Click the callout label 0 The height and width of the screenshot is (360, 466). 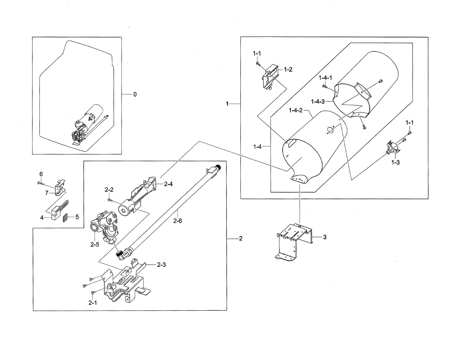(x=135, y=94)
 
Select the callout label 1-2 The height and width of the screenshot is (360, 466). (x=288, y=70)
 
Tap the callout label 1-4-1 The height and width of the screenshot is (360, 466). (x=325, y=77)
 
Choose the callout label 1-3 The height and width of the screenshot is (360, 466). (x=395, y=163)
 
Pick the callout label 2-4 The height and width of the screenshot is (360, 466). (x=168, y=184)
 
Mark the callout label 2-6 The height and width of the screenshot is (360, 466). (x=178, y=221)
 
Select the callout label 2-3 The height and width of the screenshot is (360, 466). (x=162, y=265)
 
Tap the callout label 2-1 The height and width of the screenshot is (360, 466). (x=92, y=303)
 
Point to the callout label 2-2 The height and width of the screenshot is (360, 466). (x=109, y=190)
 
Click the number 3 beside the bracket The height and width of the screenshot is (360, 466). (x=325, y=237)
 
